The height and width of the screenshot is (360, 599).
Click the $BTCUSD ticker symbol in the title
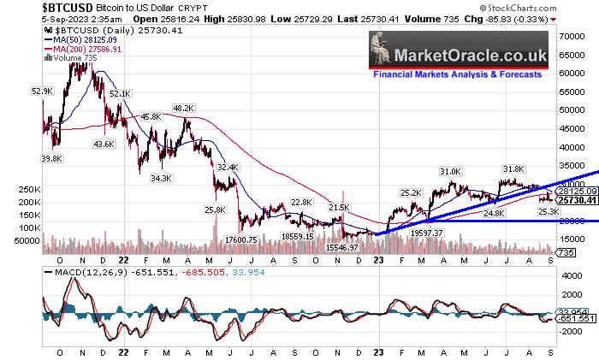point(33,7)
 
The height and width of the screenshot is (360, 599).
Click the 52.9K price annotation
point(42,91)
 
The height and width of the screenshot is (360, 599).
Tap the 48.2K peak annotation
point(184,109)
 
